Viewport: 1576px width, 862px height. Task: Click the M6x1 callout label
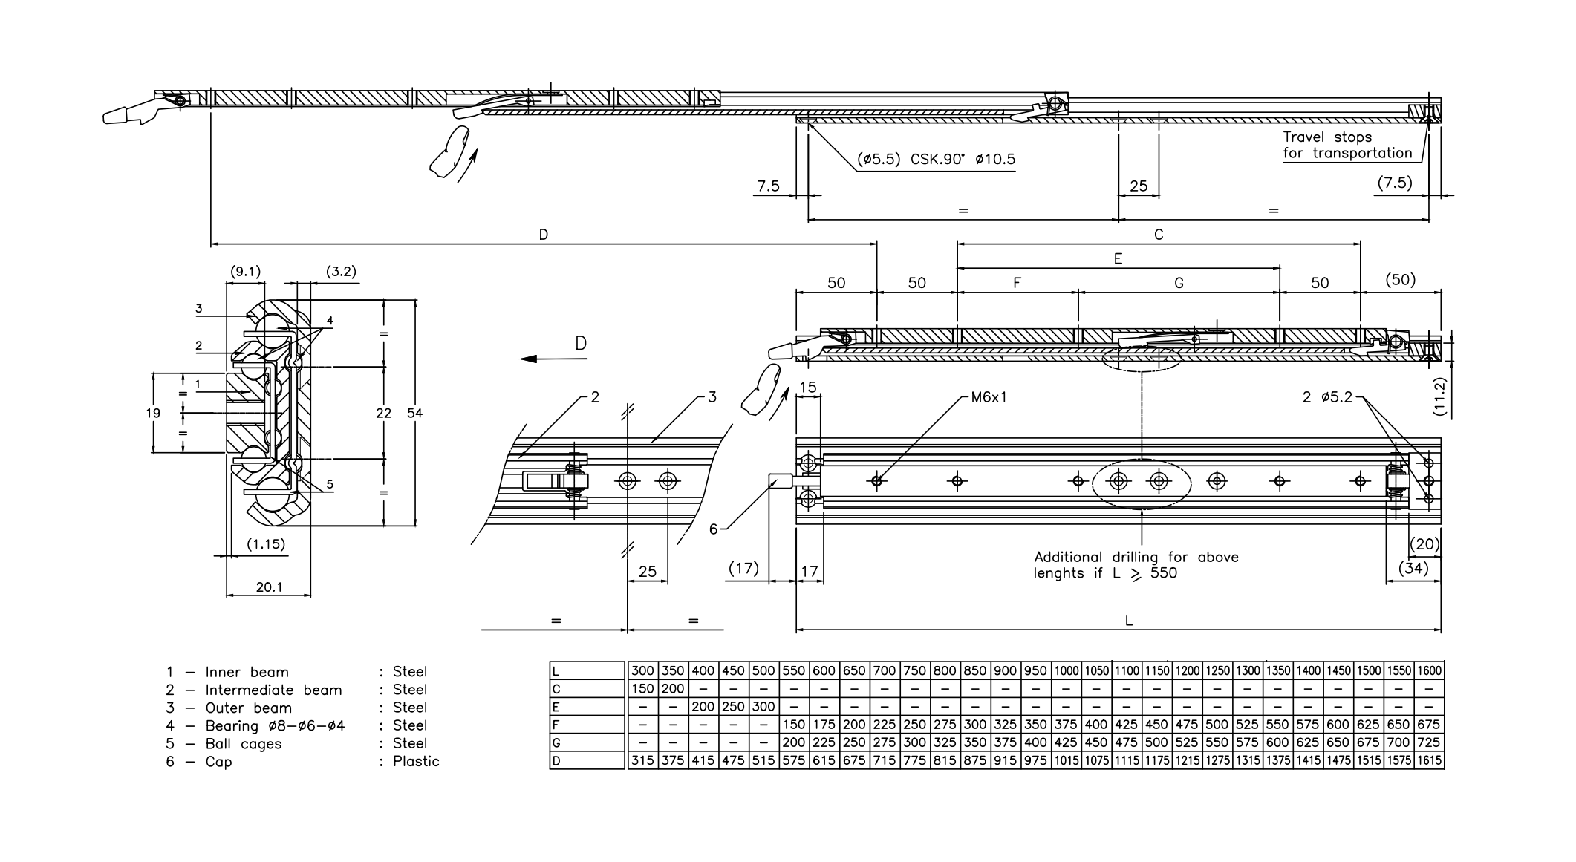click(x=989, y=397)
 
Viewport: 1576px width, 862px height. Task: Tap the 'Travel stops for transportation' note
click(x=1347, y=146)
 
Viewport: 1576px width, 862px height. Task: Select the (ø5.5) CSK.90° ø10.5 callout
click(x=936, y=159)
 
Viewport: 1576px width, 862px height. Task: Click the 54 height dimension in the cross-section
click(x=414, y=413)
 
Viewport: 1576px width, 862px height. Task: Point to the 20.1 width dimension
click(x=269, y=587)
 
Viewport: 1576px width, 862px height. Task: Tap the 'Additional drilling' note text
click(x=1136, y=565)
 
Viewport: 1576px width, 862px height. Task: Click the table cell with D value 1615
click(x=1428, y=760)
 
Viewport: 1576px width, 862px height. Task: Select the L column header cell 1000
click(x=1066, y=670)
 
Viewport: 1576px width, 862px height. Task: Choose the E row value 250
click(x=733, y=707)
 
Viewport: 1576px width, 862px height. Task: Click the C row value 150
click(x=642, y=689)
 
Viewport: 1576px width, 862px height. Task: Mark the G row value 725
click(x=1428, y=742)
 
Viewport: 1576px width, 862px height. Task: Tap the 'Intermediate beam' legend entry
click(x=273, y=690)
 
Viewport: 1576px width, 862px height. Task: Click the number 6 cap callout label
click(x=713, y=529)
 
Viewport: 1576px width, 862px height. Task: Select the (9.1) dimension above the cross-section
click(x=245, y=272)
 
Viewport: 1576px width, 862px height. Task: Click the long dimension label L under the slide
click(x=1128, y=621)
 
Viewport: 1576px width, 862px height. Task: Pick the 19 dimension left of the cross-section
click(x=154, y=413)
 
